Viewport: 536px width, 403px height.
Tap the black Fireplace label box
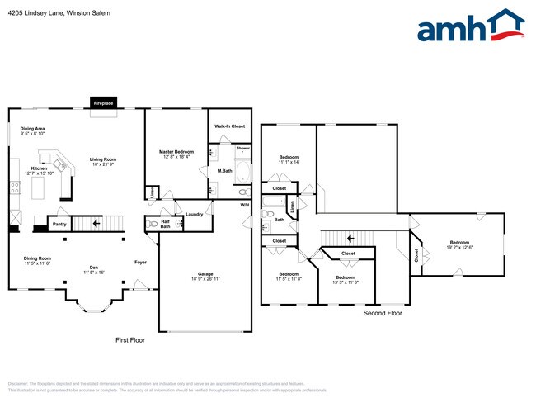103,103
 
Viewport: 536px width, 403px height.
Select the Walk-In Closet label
230,126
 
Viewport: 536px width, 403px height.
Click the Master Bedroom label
176,152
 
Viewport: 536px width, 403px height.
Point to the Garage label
205,273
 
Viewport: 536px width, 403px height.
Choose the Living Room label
103,159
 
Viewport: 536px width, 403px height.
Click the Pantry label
59,224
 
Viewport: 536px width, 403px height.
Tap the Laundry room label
195,215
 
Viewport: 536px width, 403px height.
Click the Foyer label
141,263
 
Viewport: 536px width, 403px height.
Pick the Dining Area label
33,129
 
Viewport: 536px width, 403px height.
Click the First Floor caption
129,339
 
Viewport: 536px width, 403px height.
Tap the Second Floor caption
383,314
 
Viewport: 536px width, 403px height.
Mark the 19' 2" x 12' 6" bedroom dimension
459,224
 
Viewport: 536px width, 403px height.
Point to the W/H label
244,204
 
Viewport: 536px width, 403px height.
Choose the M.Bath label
224,171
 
